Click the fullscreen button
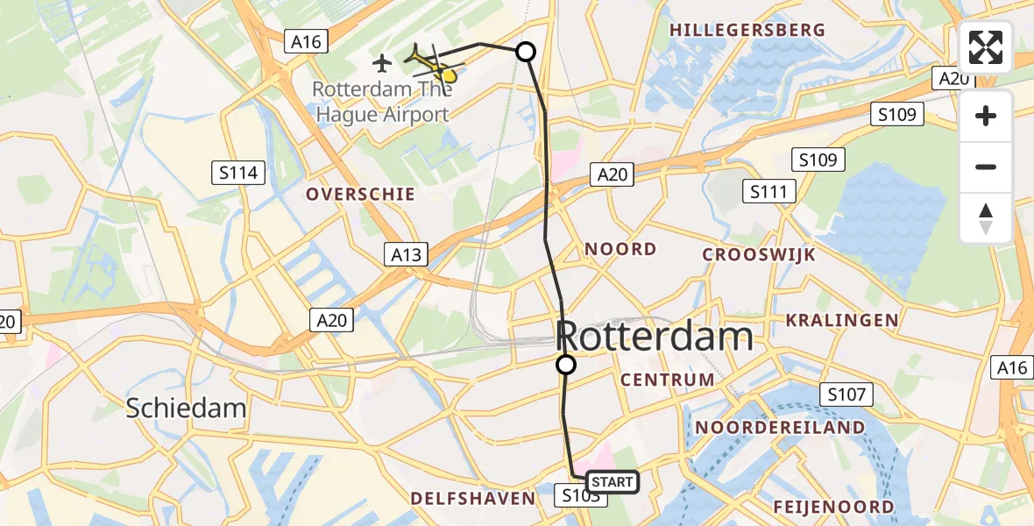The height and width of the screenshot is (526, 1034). pyautogui.click(x=986, y=47)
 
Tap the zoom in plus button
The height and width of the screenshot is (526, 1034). pyautogui.click(x=986, y=116)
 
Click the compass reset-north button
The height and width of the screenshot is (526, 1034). pyautogui.click(x=986, y=218)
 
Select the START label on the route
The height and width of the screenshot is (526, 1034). pyautogui.click(x=612, y=482)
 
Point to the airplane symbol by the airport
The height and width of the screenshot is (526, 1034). pyautogui.click(x=382, y=63)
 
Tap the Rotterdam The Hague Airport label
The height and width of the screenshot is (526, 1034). pyautogui.click(x=380, y=102)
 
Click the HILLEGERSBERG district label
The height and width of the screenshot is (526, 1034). pyautogui.click(x=747, y=30)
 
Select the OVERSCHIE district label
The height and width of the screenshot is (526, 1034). pyautogui.click(x=360, y=195)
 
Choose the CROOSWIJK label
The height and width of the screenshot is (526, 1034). pyautogui.click(x=759, y=255)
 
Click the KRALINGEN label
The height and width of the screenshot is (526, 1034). pyautogui.click(x=842, y=320)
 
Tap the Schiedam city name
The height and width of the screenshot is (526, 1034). pyautogui.click(x=186, y=408)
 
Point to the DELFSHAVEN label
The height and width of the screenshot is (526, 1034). pyautogui.click(x=473, y=499)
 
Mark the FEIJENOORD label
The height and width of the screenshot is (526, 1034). pyautogui.click(x=834, y=507)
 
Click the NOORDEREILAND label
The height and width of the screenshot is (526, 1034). pyautogui.click(x=780, y=428)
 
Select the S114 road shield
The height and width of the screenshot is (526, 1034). pyautogui.click(x=239, y=173)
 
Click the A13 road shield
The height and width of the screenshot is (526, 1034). pyautogui.click(x=407, y=255)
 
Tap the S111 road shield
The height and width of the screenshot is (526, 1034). pyautogui.click(x=768, y=191)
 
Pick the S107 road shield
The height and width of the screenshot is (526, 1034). pyautogui.click(x=846, y=394)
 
